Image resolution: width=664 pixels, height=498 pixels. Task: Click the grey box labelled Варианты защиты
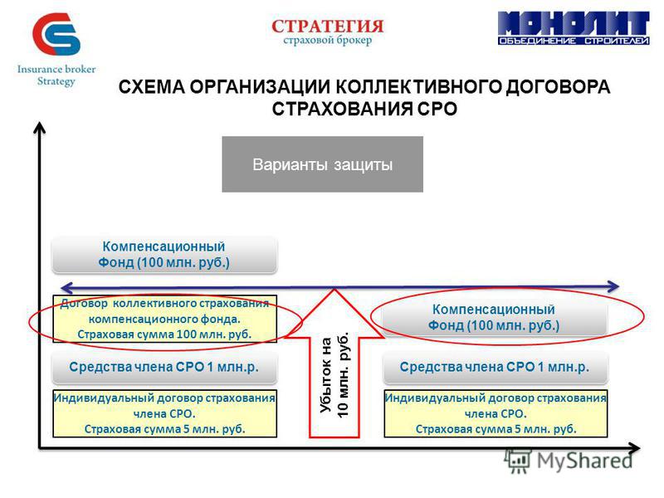pyautogui.click(x=322, y=164)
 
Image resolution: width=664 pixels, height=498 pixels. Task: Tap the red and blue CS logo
pyautogui.click(x=56, y=34)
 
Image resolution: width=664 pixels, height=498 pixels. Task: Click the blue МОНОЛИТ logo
pyautogui.click(x=574, y=28)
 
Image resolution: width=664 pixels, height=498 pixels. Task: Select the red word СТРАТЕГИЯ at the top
pyautogui.click(x=327, y=27)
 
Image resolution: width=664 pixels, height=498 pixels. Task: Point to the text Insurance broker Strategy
pyautogui.click(x=56, y=75)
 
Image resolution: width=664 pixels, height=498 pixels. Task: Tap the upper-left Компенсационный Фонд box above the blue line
pyautogui.click(x=164, y=255)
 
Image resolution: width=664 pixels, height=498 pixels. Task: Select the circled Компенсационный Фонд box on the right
pyautogui.click(x=494, y=318)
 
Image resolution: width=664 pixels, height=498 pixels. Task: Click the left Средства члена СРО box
pyautogui.click(x=164, y=367)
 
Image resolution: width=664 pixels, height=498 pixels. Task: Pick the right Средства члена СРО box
pyautogui.click(x=495, y=367)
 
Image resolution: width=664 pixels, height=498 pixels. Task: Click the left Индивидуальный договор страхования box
pyautogui.click(x=164, y=413)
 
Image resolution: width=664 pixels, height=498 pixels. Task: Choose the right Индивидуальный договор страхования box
pyautogui.click(x=496, y=413)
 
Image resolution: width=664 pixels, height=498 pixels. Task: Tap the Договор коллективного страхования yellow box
pyautogui.click(x=164, y=319)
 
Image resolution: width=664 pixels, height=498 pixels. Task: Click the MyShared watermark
pyautogui.click(x=569, y=461)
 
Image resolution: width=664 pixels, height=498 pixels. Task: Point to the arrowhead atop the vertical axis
pyautogui.click(x=39, y=127)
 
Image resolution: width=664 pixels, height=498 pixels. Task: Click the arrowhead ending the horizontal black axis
pyautogui.click(x=634, y=448)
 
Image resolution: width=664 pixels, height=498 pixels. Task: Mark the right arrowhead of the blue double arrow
pyautogui.click(x=613, y=286)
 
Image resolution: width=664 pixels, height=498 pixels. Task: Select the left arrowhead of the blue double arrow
pyautogui.click(x=67, y=288)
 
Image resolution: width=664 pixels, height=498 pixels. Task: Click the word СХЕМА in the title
pyautogui.click(x=152, y=87)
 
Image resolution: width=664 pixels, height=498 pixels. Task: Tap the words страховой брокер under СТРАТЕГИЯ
pyautogui.click(x=327, y=40)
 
